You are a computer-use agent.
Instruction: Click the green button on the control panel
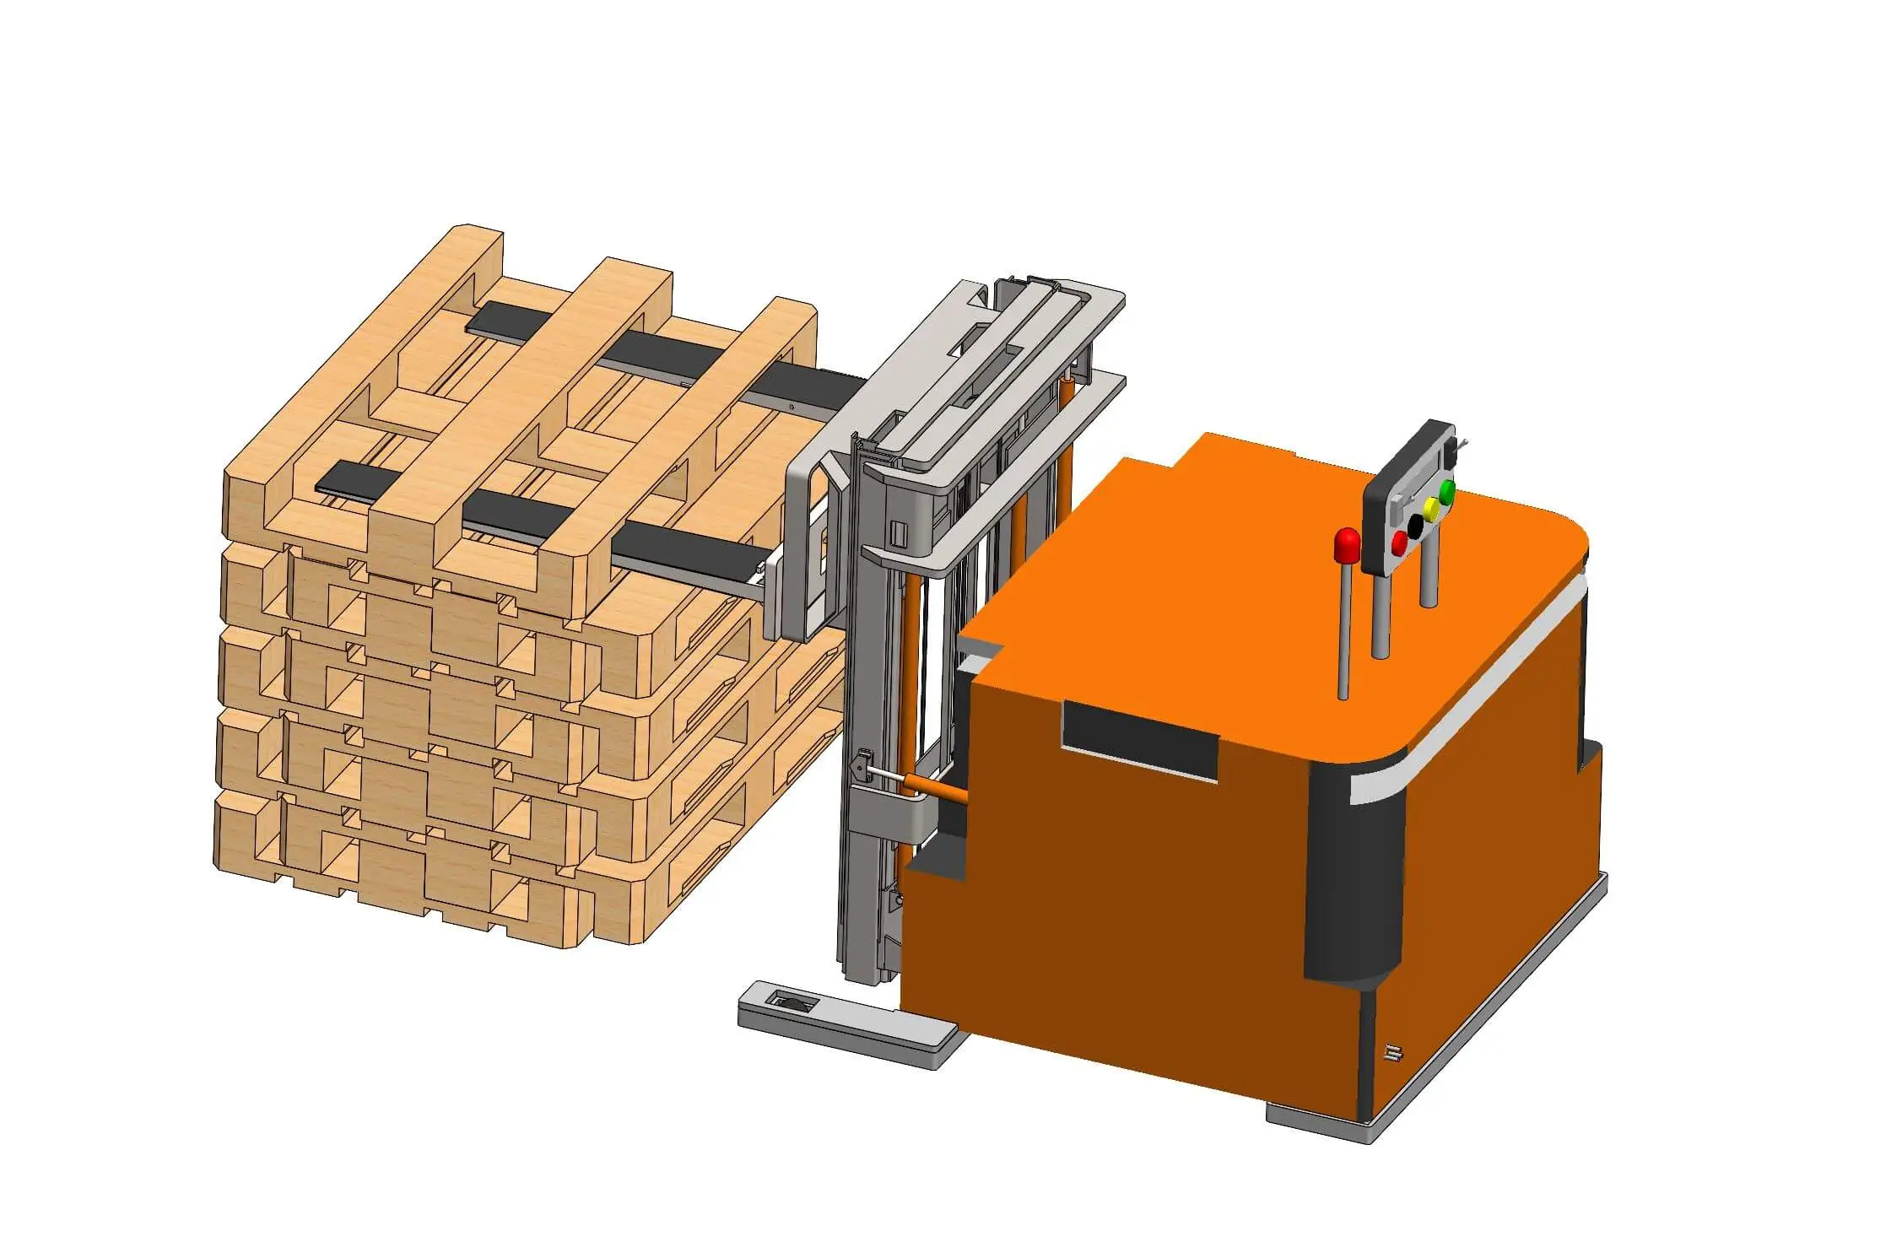1446,491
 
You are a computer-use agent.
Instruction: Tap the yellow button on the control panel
1431,508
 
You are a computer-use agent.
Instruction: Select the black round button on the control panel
1415,523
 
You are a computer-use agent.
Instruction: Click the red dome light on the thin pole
1347,545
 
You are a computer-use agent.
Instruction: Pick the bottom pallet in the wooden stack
422,869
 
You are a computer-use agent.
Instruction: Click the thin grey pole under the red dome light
1345,633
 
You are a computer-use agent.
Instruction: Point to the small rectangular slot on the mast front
899,533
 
